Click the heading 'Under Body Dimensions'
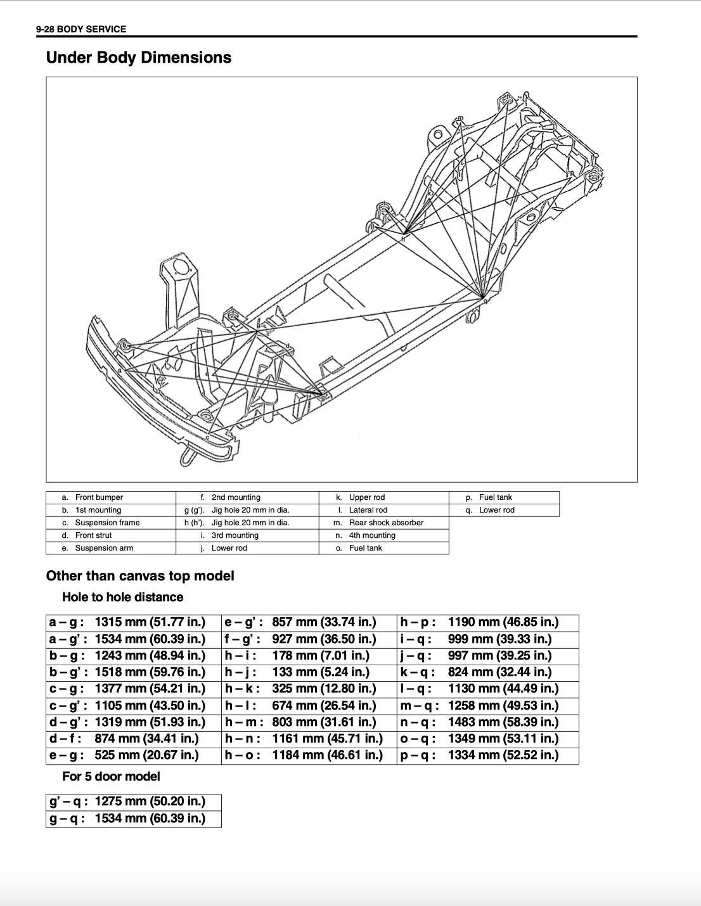[138, 58]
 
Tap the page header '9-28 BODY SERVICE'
[81, 29]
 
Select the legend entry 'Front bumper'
[100, 497]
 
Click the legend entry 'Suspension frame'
[107, 523]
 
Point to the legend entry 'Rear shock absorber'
[386, 523]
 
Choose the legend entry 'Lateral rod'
[368, 510]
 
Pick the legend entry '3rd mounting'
[235, 535]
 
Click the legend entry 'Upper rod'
[367, 497]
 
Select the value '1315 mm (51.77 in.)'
[150, 622]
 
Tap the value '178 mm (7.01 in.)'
[321, 655]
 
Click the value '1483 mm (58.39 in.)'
[503, 722]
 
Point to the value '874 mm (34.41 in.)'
[146, 738]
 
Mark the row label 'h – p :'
[418, 622]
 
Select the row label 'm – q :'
[420, 705]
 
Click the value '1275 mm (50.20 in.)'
[150, 801]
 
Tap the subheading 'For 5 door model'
[111, 776]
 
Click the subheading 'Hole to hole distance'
[122, 597]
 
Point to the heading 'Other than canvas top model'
[140, 576]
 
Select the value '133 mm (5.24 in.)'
[321, 672]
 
